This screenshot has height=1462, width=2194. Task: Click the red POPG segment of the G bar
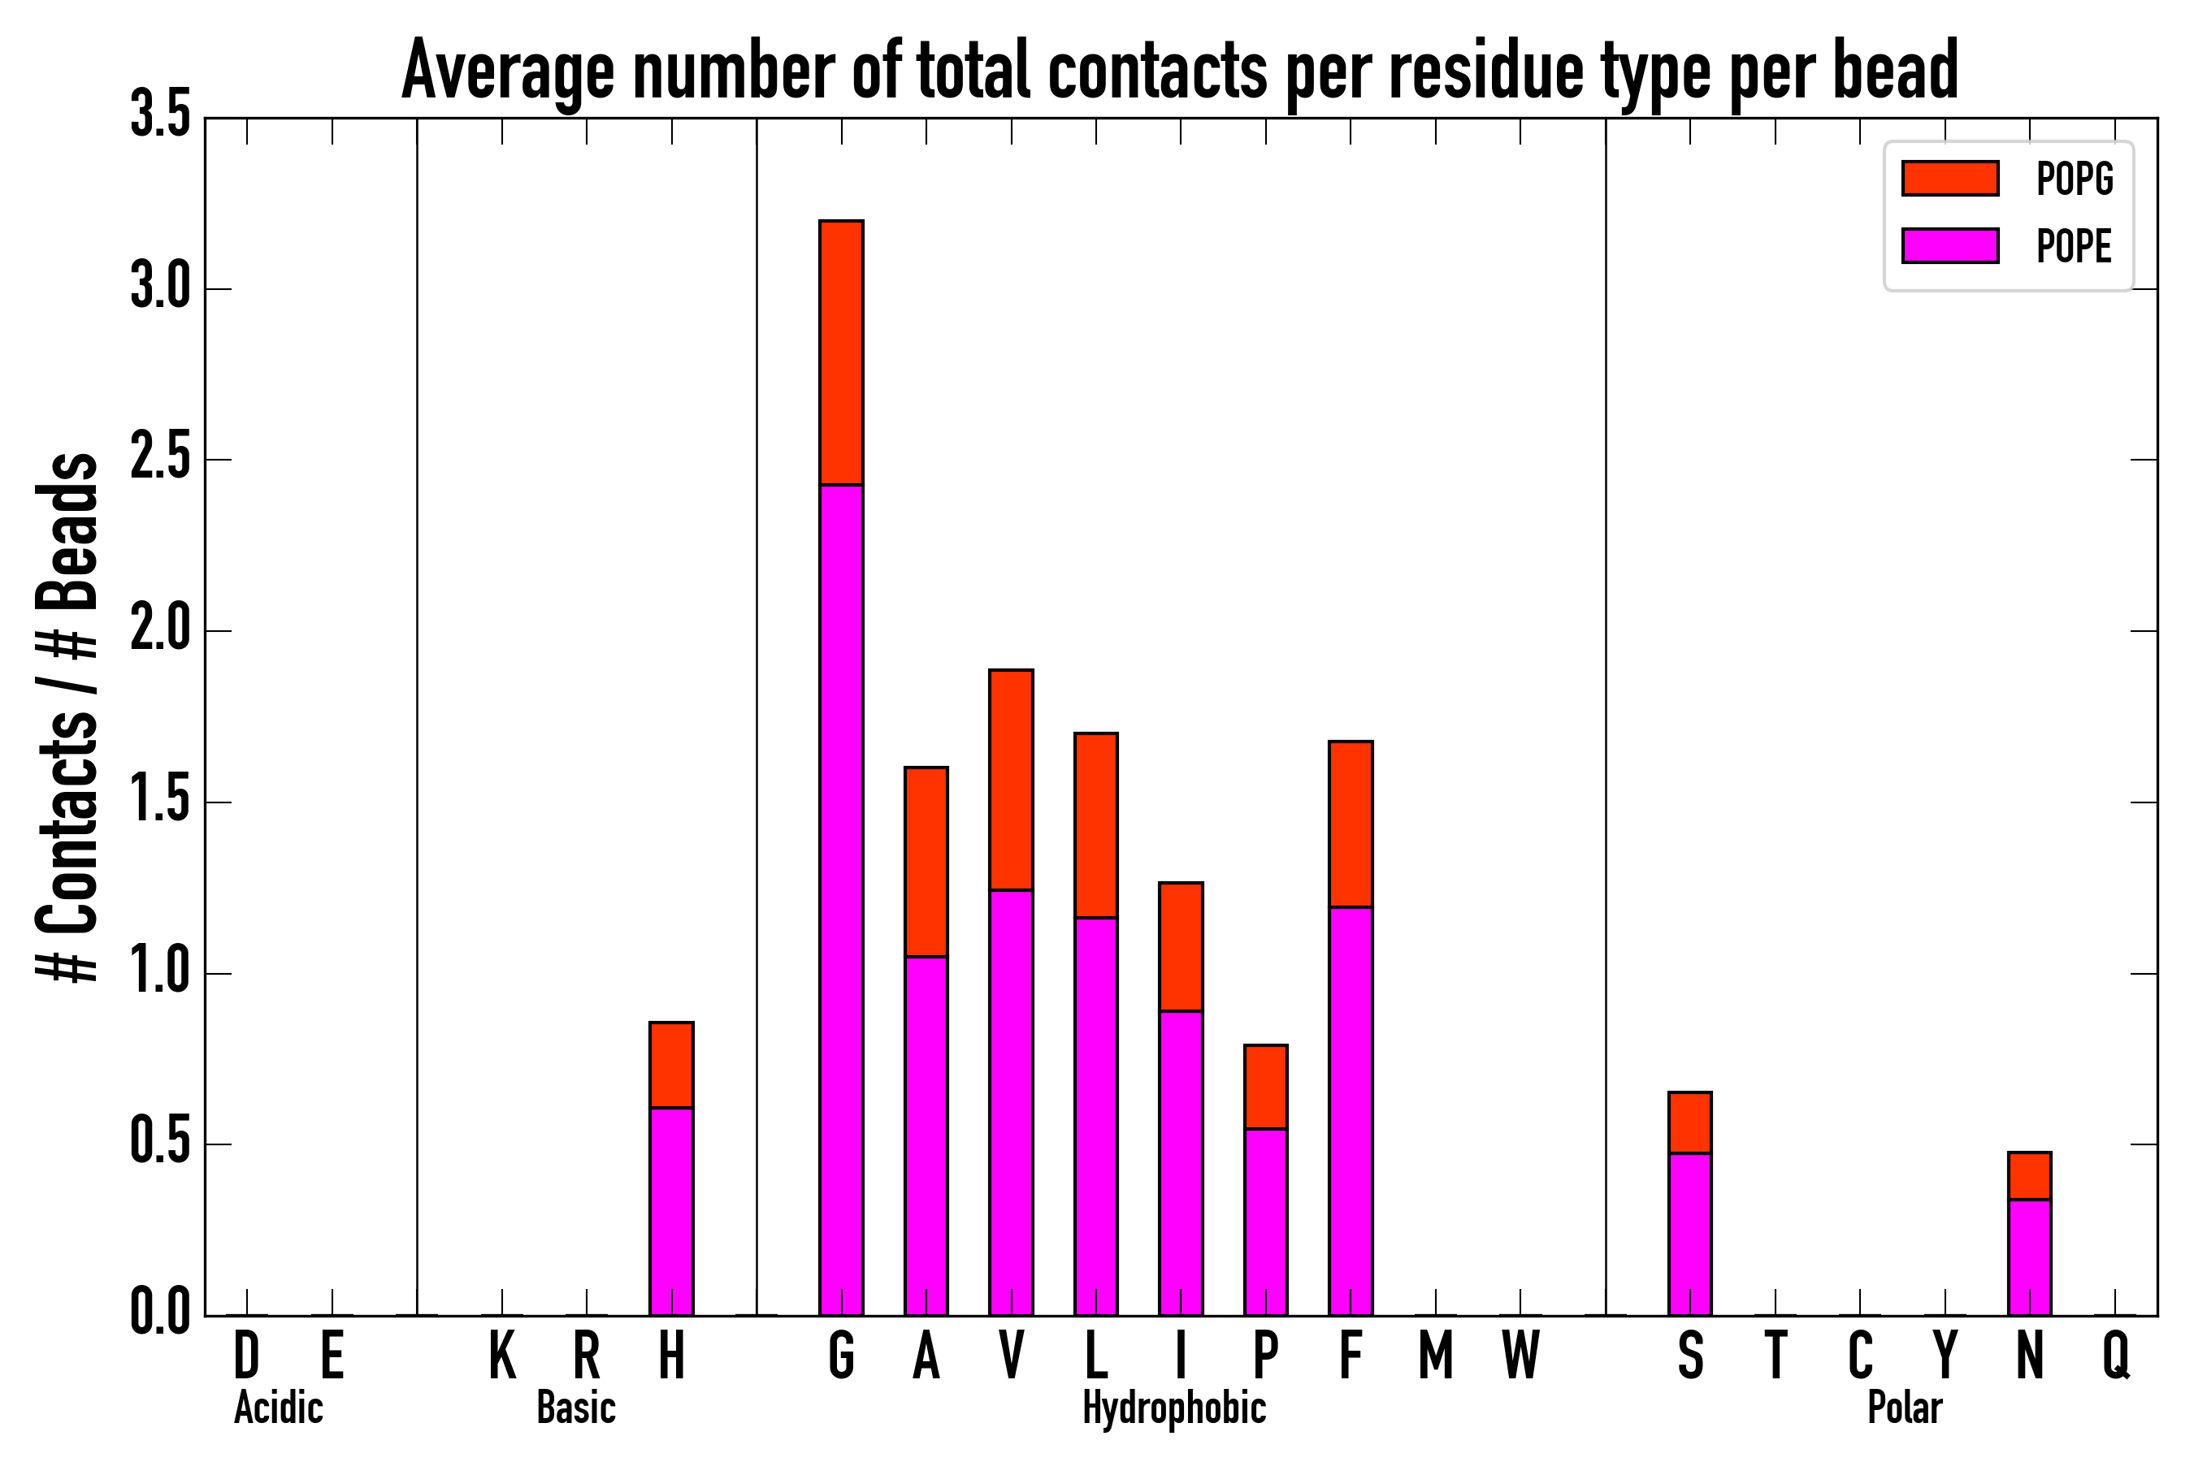(840, 353)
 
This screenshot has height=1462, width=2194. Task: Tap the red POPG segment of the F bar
(1350, 824)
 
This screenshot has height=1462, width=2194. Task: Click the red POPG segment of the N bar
(2029, 1177)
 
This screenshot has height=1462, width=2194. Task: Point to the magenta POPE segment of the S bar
(1689, 1235)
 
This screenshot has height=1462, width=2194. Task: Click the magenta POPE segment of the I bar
(1180, 1163)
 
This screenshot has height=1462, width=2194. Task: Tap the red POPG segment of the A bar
(926, 862)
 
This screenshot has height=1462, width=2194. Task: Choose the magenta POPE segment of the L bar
(1095, 1116)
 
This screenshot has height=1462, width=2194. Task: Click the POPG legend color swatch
(1949, 178)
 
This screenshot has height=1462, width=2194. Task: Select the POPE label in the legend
(2074, 246)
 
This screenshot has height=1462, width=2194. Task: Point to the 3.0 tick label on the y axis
(159, 288)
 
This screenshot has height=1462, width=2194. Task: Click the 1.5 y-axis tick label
(159, 802)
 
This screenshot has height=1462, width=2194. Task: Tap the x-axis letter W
(1520, 1355)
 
